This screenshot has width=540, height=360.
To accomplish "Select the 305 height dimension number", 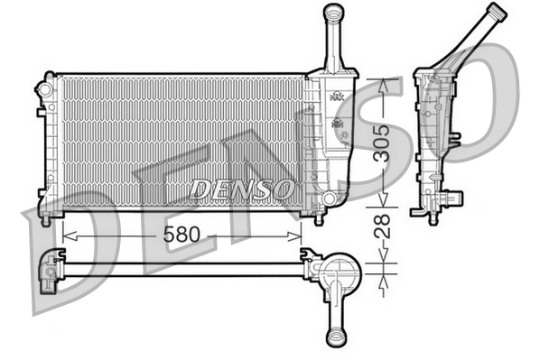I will (385, 143).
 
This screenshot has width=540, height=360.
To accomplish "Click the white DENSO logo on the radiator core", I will (241, 189).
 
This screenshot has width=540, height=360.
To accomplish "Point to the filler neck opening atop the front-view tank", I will (334, 11).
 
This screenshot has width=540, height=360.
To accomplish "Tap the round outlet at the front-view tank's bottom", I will (330, 197).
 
